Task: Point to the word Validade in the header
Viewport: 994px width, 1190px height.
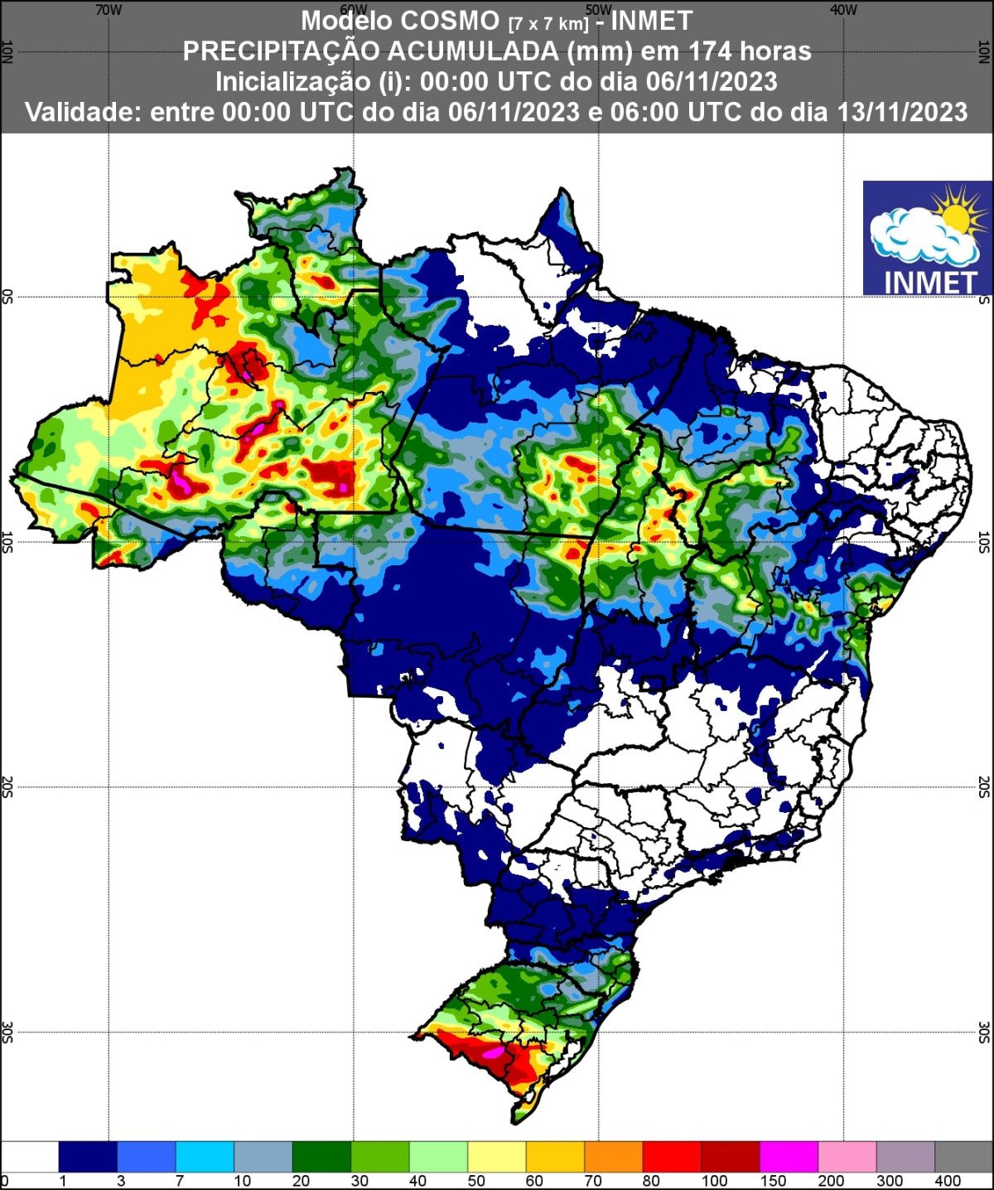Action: [x=84, y=112]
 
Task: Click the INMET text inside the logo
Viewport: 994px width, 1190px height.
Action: [x=931, y=282]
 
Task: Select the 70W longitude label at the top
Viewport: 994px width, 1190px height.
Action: [x=109, y=10]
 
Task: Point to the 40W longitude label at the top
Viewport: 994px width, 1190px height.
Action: [x=843, y=10]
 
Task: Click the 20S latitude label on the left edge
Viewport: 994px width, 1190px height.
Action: [x=7, y=787]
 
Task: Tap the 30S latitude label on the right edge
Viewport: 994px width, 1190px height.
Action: [x=984, y=1033]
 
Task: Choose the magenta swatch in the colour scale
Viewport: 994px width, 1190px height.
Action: [x=789, y=1155]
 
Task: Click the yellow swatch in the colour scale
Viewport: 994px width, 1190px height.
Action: [x=496, y=1155]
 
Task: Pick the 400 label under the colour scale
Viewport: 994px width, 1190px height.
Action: [x=948, y=1181]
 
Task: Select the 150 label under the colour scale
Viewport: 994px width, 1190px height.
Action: [x=773, y=1181]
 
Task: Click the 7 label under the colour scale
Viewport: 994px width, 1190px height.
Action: [x=180, y=1181]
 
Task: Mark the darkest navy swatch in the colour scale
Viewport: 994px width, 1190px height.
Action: [x=88, y=1155]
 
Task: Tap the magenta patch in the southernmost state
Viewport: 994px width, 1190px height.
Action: [x=493, y=1052]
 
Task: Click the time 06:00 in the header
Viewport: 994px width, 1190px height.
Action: [x=644, y=112]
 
